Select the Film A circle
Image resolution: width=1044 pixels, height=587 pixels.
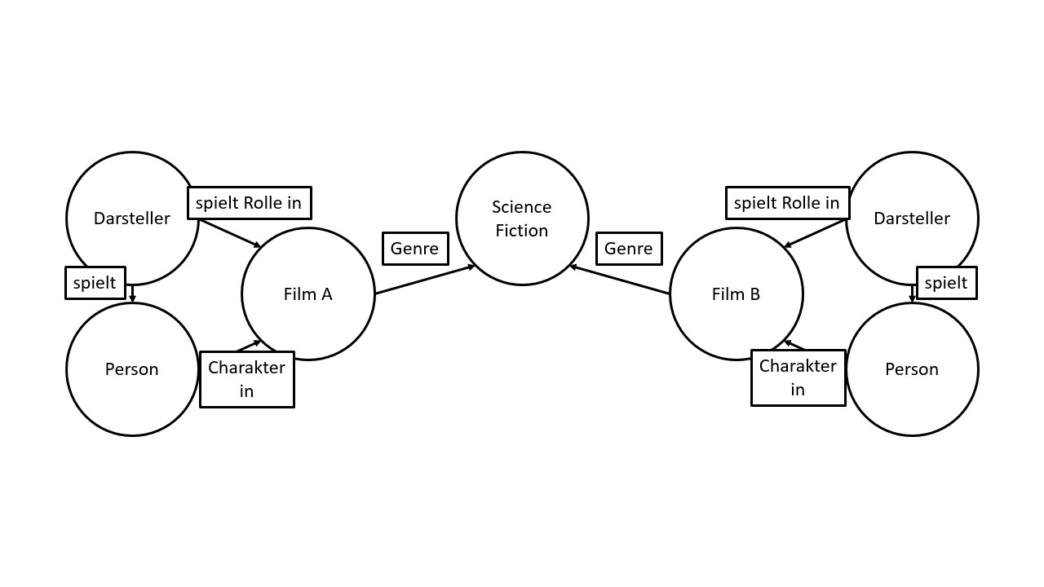[308, 294]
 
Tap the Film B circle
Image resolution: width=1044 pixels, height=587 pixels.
[736, 294]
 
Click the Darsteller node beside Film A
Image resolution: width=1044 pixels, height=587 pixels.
[131, 218]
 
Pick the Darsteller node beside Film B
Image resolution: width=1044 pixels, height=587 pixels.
[912, 218]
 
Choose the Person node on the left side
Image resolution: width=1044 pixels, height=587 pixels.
[131, 369]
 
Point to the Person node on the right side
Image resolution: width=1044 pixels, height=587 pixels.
[912, 369]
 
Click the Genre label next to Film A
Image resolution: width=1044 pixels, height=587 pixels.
[415, 249]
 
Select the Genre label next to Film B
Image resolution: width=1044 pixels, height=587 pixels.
[629, 249]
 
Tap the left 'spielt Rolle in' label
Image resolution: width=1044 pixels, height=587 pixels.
[249, 203]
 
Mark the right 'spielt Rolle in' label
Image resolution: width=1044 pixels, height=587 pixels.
[787, 203]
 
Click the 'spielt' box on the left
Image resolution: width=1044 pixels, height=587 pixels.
[95, 283]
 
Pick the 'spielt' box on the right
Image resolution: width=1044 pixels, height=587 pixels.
[946, 283]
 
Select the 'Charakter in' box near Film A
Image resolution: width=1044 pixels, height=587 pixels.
[246, 379]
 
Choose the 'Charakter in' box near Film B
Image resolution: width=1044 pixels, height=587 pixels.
[798, 377]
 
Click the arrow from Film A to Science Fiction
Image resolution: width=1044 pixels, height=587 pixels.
[424, 280]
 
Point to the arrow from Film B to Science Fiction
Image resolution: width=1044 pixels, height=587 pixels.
[620, 280]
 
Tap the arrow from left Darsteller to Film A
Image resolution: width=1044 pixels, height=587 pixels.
[231, 234]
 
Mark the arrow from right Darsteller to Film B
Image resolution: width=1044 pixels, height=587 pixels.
[814, 234]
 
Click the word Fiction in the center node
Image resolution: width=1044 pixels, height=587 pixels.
[522, 231]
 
